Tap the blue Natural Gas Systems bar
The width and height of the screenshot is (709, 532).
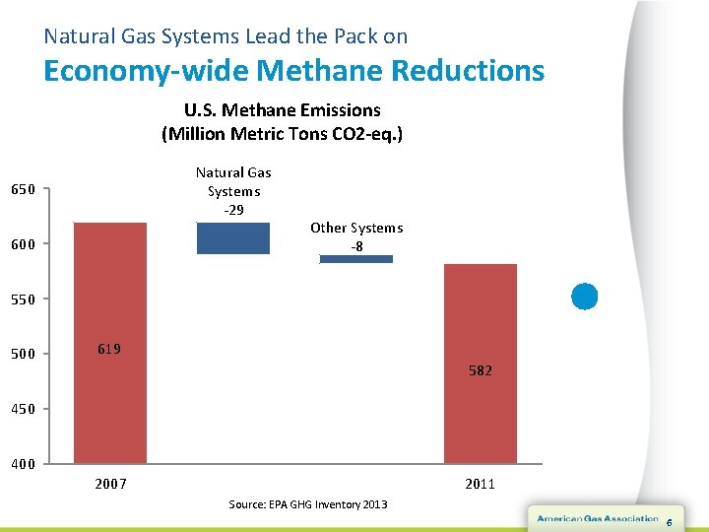(233, 238)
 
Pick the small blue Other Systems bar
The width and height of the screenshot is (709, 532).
(356, 259)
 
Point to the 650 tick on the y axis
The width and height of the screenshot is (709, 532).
(23, 189)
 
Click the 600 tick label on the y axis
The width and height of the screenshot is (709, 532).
(23, 244)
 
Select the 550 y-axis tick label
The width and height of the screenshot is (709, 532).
(23, 299)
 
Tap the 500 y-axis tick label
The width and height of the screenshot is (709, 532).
(23, 354)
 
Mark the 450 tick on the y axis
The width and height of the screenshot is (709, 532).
(23, 409)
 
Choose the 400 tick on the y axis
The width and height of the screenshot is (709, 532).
(23, 464)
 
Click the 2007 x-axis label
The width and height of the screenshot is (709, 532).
(110, 484)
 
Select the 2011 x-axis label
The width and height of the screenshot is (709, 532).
(481, 484)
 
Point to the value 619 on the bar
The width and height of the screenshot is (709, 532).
(109, 349)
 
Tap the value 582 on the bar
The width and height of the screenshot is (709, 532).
(481, 370)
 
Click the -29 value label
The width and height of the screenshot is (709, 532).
(233, 210)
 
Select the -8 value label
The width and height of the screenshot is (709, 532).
(356, 246)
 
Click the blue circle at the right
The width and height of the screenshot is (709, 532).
(585, 296)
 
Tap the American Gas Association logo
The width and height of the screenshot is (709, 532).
(597, 518)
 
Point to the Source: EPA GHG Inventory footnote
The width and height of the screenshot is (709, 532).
(308, 504)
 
